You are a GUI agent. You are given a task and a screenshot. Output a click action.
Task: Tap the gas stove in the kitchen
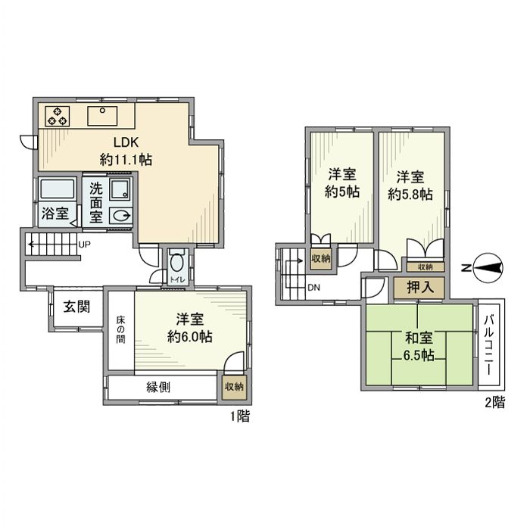(57, 117)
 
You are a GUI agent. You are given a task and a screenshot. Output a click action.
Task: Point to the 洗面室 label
(96, 202)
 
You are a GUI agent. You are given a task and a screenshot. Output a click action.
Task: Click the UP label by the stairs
(85, 245)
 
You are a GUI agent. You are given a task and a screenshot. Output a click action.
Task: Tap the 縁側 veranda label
(157, 386)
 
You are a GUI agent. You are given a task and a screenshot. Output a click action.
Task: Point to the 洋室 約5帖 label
(342, 181)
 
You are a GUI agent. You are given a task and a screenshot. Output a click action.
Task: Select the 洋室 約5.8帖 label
(411, 185)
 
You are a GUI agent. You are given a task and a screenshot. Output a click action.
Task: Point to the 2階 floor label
(494, 403)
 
